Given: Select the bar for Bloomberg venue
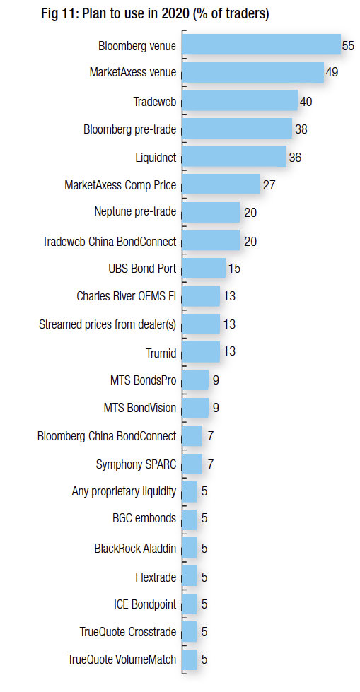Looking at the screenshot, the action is click(x=261, y=44).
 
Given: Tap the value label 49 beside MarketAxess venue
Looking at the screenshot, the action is click(x=332, y=72).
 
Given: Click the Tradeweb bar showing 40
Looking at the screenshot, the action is click(x=240, y=100).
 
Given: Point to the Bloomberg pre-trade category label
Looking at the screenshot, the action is click(x=130, y=129).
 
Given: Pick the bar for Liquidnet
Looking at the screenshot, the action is click(x=234, y=156).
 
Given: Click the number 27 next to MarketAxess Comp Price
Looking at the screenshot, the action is click(x=269, y=184).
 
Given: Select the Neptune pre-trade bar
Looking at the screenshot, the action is click(x=211, y=212).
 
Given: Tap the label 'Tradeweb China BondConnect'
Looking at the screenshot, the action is click(x=110, y=242).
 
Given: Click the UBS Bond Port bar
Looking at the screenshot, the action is click(x=204, y=268).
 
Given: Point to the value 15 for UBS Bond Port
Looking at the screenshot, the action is click(x=234, y=269).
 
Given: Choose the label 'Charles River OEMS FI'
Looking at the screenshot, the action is click(x=127, y=295).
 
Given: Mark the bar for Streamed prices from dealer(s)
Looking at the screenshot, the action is click(x=201, y=324).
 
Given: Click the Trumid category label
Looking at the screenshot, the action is click(x=161, y=353).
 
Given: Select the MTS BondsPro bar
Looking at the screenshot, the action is click(x=195, y=380).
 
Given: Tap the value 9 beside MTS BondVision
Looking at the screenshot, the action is click(x=216, y=408).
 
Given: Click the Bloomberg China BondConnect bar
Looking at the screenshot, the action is click(x=192, y=435).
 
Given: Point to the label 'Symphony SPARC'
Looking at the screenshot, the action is click(x=136, y=464).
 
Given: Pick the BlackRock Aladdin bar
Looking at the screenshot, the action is click(x=189, y=548).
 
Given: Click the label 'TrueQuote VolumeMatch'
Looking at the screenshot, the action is click(x=122, y=659).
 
